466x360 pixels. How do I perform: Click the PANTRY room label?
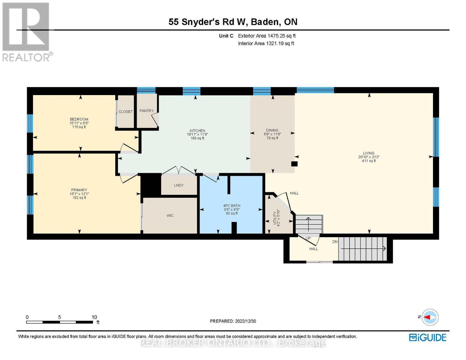[x=146, y=111]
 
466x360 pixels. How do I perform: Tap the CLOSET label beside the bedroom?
[x=125, y=112]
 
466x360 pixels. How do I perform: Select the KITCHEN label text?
[x=197, y=130]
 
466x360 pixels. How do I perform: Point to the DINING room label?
[x=272, y=130]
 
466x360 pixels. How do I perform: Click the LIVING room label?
[x=368, y=153]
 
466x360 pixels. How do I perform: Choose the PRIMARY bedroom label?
[x=79, y=190]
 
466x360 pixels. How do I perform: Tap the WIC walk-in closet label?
[x=170, y=216]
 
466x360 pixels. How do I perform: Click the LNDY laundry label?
[x=179, y=185]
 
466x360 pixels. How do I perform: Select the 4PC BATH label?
[x=232, y=206]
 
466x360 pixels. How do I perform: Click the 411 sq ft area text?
[x=369, y=161]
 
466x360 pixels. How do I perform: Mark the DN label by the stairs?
[x=335, y=242]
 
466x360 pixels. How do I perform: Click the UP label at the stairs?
[x=308, y=238]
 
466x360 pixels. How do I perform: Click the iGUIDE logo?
[x=428, y=337]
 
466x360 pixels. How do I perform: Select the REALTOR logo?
[x=26, y=31]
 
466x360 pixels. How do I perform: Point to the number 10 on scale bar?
[x=94, y=317]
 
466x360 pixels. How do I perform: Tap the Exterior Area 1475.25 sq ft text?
[x=267, y=36]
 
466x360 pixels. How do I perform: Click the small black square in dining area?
[x=294, y=164]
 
